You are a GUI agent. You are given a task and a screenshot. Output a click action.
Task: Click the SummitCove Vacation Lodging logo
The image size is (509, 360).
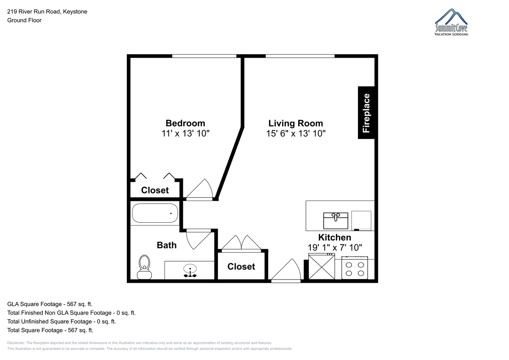click(451, 22)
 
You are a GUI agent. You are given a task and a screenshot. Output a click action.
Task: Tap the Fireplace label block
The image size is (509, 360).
click(366, 113)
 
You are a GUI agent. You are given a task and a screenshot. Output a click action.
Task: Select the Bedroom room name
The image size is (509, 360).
click(185, 123)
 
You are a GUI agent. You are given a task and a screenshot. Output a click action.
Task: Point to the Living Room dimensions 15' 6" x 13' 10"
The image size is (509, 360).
click(296, 133)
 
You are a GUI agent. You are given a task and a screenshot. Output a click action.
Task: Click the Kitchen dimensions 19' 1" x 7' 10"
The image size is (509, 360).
click(335, 247)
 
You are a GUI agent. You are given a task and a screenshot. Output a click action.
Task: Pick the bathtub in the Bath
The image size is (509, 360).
click(155, 213)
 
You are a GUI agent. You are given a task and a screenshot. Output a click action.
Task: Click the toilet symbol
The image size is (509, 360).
click(144, 267)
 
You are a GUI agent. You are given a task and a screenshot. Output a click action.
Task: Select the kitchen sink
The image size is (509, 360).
click(336, 221)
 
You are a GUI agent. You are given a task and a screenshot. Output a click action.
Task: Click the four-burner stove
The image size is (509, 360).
click(355, 268)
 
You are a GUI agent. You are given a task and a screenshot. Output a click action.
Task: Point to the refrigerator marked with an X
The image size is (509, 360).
click(322, 267)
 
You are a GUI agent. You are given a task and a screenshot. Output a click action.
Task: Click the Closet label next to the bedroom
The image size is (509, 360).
click(155, 190)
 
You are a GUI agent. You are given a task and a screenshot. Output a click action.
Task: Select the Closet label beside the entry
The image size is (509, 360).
click(241, 266)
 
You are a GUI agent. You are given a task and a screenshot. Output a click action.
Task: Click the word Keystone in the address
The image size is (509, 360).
click(75, 11)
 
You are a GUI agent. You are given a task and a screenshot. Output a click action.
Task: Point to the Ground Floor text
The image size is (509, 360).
click(24, 20)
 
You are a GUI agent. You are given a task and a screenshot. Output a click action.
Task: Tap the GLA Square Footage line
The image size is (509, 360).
click(50, 304)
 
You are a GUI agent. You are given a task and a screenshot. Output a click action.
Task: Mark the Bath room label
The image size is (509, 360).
click(167, 245)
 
